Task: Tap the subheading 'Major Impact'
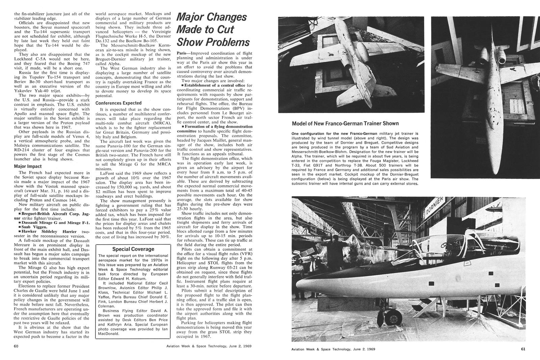click(28, 166)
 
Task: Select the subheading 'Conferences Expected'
click(118, 103)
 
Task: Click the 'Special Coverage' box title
click(133, 249)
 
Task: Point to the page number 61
click(523, 349)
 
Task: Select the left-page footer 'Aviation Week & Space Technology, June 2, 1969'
click(209, 346)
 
